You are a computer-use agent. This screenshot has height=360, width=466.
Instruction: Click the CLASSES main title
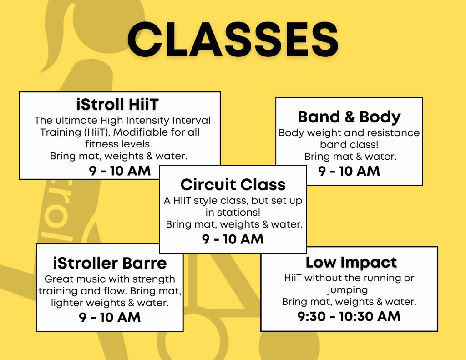[x=233, y=40]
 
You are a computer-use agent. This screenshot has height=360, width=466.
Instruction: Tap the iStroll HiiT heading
[x=117, y=104]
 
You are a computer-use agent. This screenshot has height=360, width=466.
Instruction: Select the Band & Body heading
[x=349, y=117]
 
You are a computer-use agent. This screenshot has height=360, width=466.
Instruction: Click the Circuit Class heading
[x=233, y=185]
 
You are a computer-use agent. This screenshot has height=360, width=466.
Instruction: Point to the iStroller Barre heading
[x=110, y=263]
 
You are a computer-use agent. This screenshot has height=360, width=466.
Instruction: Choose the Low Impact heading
[x=351, y=263]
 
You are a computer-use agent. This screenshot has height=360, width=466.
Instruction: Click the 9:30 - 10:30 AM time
[x=349, y=316]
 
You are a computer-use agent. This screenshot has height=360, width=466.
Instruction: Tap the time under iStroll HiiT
[x=120, y=171]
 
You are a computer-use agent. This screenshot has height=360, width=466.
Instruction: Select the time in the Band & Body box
[x=349, y=171]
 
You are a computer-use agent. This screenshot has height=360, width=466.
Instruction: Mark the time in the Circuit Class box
[x=233, y=239]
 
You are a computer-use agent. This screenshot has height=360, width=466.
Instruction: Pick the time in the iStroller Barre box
[x=110, y=318]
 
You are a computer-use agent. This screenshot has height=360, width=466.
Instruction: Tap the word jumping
[x=348, y=290]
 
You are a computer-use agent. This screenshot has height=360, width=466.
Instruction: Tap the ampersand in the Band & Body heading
[x=349, y=117]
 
